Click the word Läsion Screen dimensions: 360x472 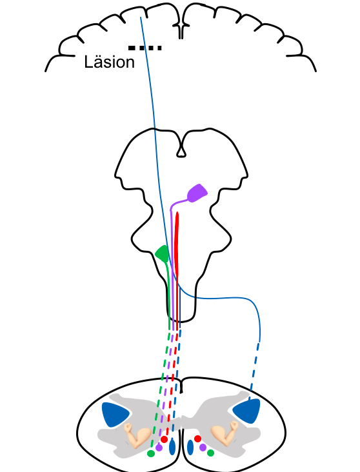[x=110, y=62]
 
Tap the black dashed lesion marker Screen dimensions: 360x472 [x=145, y=48]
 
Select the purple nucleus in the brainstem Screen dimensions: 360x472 [x=197, y=193]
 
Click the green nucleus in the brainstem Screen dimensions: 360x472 [x=162, y=253]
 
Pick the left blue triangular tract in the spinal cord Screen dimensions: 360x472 [x=115, y=413]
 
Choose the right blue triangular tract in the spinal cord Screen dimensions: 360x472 [x=247, y=411]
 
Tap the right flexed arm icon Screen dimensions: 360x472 [x=225, y=433]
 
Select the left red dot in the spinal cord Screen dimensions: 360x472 [x=164, y=439]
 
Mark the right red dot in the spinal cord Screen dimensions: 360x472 [x=197, y=438]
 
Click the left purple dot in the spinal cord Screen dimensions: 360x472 [x=159, y=447]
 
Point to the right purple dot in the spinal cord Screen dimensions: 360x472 [x=203, y=447]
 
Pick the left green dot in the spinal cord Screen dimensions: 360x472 [x=151, y=453]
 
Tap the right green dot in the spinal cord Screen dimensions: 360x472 [x=210, y=453]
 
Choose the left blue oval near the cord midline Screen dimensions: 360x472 [x=172, y=446]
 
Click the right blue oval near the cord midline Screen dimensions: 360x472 [x=190, y=447]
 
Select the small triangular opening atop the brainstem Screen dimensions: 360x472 [x=181, y=152]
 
